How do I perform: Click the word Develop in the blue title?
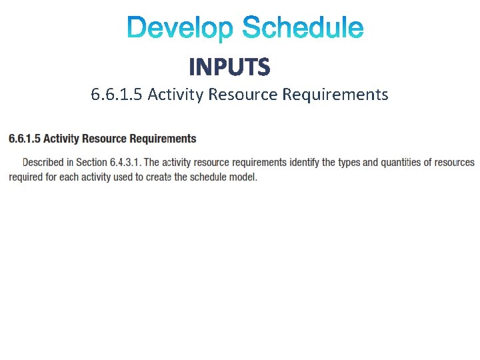pos(180,29)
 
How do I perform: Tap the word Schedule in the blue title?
pos(303,29)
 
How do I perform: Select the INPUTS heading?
pos(230,67)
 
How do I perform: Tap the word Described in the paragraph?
pos(44,162)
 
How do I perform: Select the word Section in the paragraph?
pos(91,162)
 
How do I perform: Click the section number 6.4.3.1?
pos(125,162)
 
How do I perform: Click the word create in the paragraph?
pos(160,177)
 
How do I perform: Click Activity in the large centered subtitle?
pos(175,95)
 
